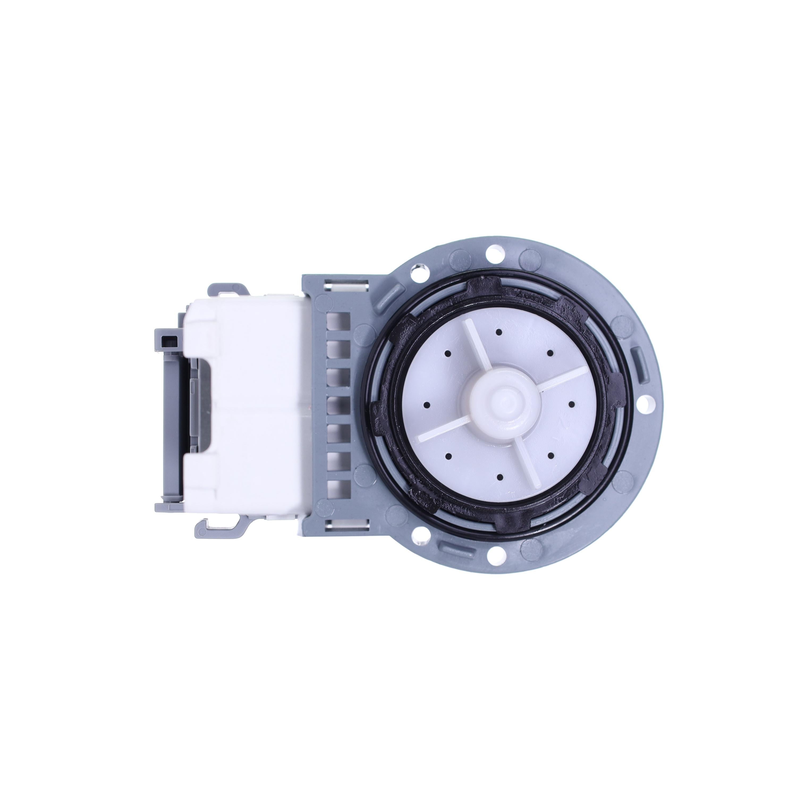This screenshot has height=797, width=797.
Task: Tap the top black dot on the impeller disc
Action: pos(499,332)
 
